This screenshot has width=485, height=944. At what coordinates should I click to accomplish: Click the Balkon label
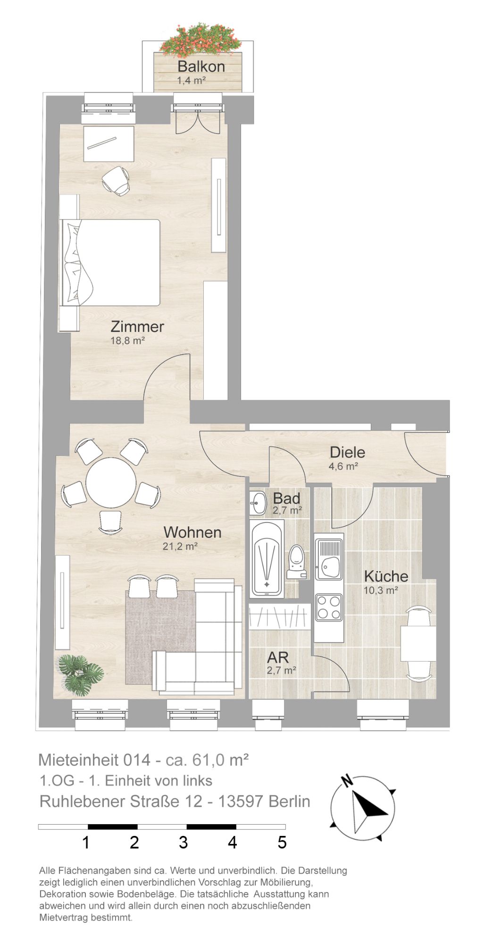coord(201,67)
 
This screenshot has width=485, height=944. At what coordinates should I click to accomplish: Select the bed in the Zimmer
coord(110,262)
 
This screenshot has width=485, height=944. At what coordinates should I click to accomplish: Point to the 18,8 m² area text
coord(127,340)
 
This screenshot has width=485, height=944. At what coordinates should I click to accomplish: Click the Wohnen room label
coord(192,532)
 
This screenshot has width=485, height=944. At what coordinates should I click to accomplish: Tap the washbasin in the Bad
coord(258,503)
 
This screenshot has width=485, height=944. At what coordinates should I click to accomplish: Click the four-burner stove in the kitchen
coord(329,607)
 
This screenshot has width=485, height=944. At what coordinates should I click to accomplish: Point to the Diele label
coord(347,452)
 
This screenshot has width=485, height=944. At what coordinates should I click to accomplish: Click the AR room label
coord(278,657)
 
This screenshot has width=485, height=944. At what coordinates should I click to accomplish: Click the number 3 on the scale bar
coord(183,843)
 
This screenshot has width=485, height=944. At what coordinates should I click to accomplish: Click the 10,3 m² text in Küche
coord(381,590)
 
